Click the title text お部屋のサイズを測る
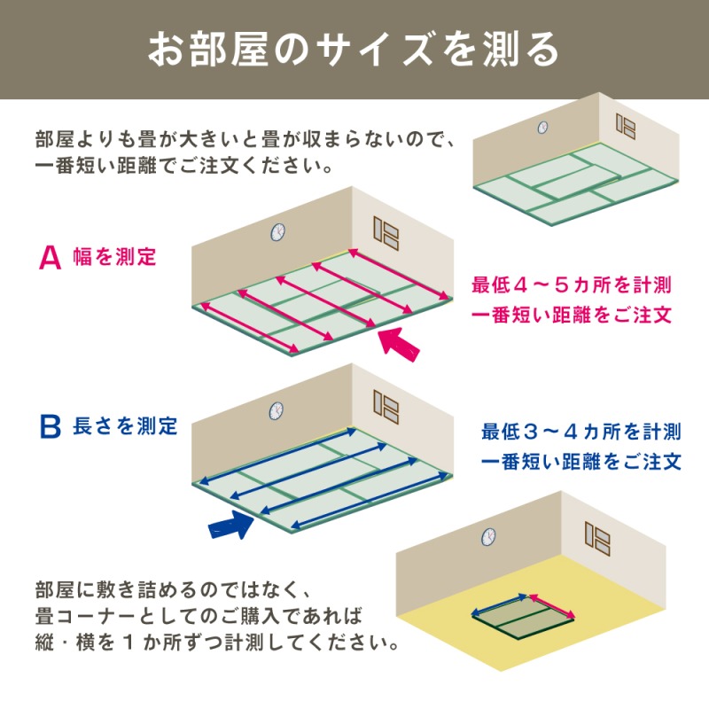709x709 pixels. tap(354, 49)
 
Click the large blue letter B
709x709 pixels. tap(50, 426)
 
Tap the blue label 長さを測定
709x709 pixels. tap(125, 426)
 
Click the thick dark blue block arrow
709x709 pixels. tap(231, 526)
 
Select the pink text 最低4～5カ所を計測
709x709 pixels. tap(572, 285)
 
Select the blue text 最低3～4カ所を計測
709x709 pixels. tap(581, 432)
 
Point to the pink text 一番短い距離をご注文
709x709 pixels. tap(572, 316)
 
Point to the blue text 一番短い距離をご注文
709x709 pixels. tap(581, 463)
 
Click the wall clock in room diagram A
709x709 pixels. tap(277, 232)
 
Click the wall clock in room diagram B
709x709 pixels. tap(277, 409)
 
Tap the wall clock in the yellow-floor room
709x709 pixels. tap(488, 537)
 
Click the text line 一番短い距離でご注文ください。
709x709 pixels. tap(186, 166)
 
